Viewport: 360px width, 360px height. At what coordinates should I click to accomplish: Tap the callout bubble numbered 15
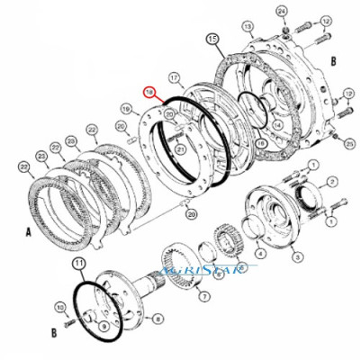point(212,40)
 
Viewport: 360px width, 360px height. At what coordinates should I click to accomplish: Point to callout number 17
point(175,77)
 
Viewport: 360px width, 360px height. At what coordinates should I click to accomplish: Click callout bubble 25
point(347,141)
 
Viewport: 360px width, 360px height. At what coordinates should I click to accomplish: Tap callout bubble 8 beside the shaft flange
point(158,318)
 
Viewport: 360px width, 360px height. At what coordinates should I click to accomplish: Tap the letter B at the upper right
point(333,61)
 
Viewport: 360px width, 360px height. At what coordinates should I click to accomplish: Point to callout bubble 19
point(128,110)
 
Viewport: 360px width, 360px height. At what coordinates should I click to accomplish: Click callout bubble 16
point(261,142)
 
